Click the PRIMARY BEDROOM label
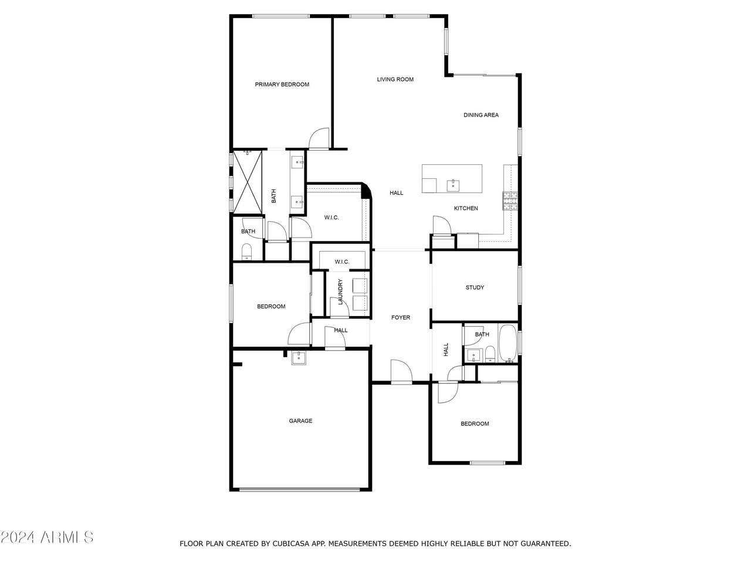[x=282, y=84]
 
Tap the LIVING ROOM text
[x=395, y=79]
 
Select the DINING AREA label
[x=481, y=115]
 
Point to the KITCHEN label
[x=466, y=208]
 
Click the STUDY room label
[x=475, y=287]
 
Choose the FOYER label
[x=401, y=317]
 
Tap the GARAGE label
[x=300, y=421]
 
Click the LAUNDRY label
[x=340, y=291]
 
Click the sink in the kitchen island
[x=453, y=186]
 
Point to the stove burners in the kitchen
[x=510, y=201]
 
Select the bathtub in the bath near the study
[x=508, y=343]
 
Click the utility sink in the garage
[x=299, y=358]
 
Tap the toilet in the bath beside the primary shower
[x=246, y=252]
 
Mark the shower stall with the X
[x=248, y=182]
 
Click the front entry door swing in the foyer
[x=401, y=372]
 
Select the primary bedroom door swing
[x=319, y=138]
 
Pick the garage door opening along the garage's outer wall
[x=299, y=490]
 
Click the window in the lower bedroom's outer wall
[x=487, y=463]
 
